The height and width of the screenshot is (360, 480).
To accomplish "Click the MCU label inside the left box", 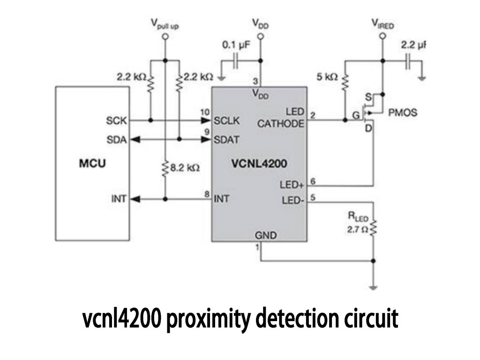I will pos(92,164).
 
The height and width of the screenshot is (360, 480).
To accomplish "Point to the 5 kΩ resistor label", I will pos(327,77).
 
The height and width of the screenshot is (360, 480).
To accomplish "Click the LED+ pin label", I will pos(292,185).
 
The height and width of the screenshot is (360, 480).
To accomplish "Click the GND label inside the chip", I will pos(266,234).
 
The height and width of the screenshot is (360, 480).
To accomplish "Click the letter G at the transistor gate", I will pos(356,114).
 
